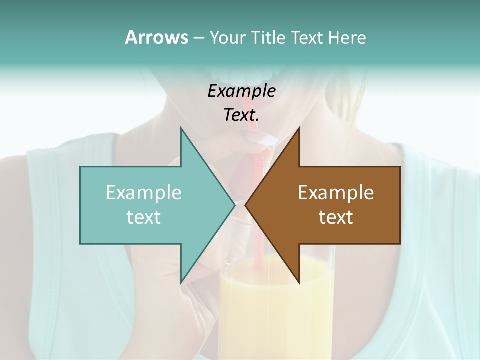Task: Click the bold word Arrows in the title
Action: pos(156,37)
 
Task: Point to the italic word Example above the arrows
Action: pos(241,91)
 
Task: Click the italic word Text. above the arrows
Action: pos(241,115)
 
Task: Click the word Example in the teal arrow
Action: pos(144,192)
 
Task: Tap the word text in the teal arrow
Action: pos(144,217)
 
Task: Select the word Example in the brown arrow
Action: pos(336,192)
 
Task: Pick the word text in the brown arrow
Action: pos(336,217)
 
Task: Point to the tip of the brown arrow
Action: pos(246,205)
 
